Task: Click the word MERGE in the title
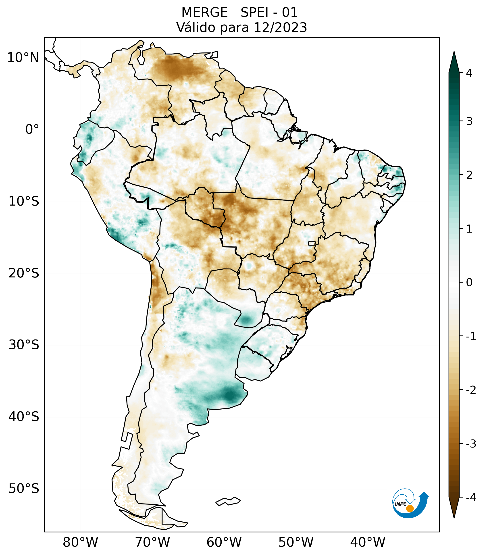pyautogui.click(x=204, y=12)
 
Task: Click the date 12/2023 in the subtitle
pyautogui.click(x=280, y=27)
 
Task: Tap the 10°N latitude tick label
pyautogui.click(x=23, y=58)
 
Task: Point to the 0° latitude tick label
pyautogui.click(x=32, y=129)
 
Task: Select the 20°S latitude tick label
pyautogui.click(x=24, y=273)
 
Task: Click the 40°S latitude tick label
pyautogui.click(x=24, y=417)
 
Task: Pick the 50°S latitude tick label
pyautogui.click(x=24, y=489)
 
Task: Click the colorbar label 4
pyautogui.click(x=469, y=73)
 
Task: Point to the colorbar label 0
pyautogui.click(x=469, y=283)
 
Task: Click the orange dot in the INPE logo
pyautogui.click(x=410, y=509)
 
